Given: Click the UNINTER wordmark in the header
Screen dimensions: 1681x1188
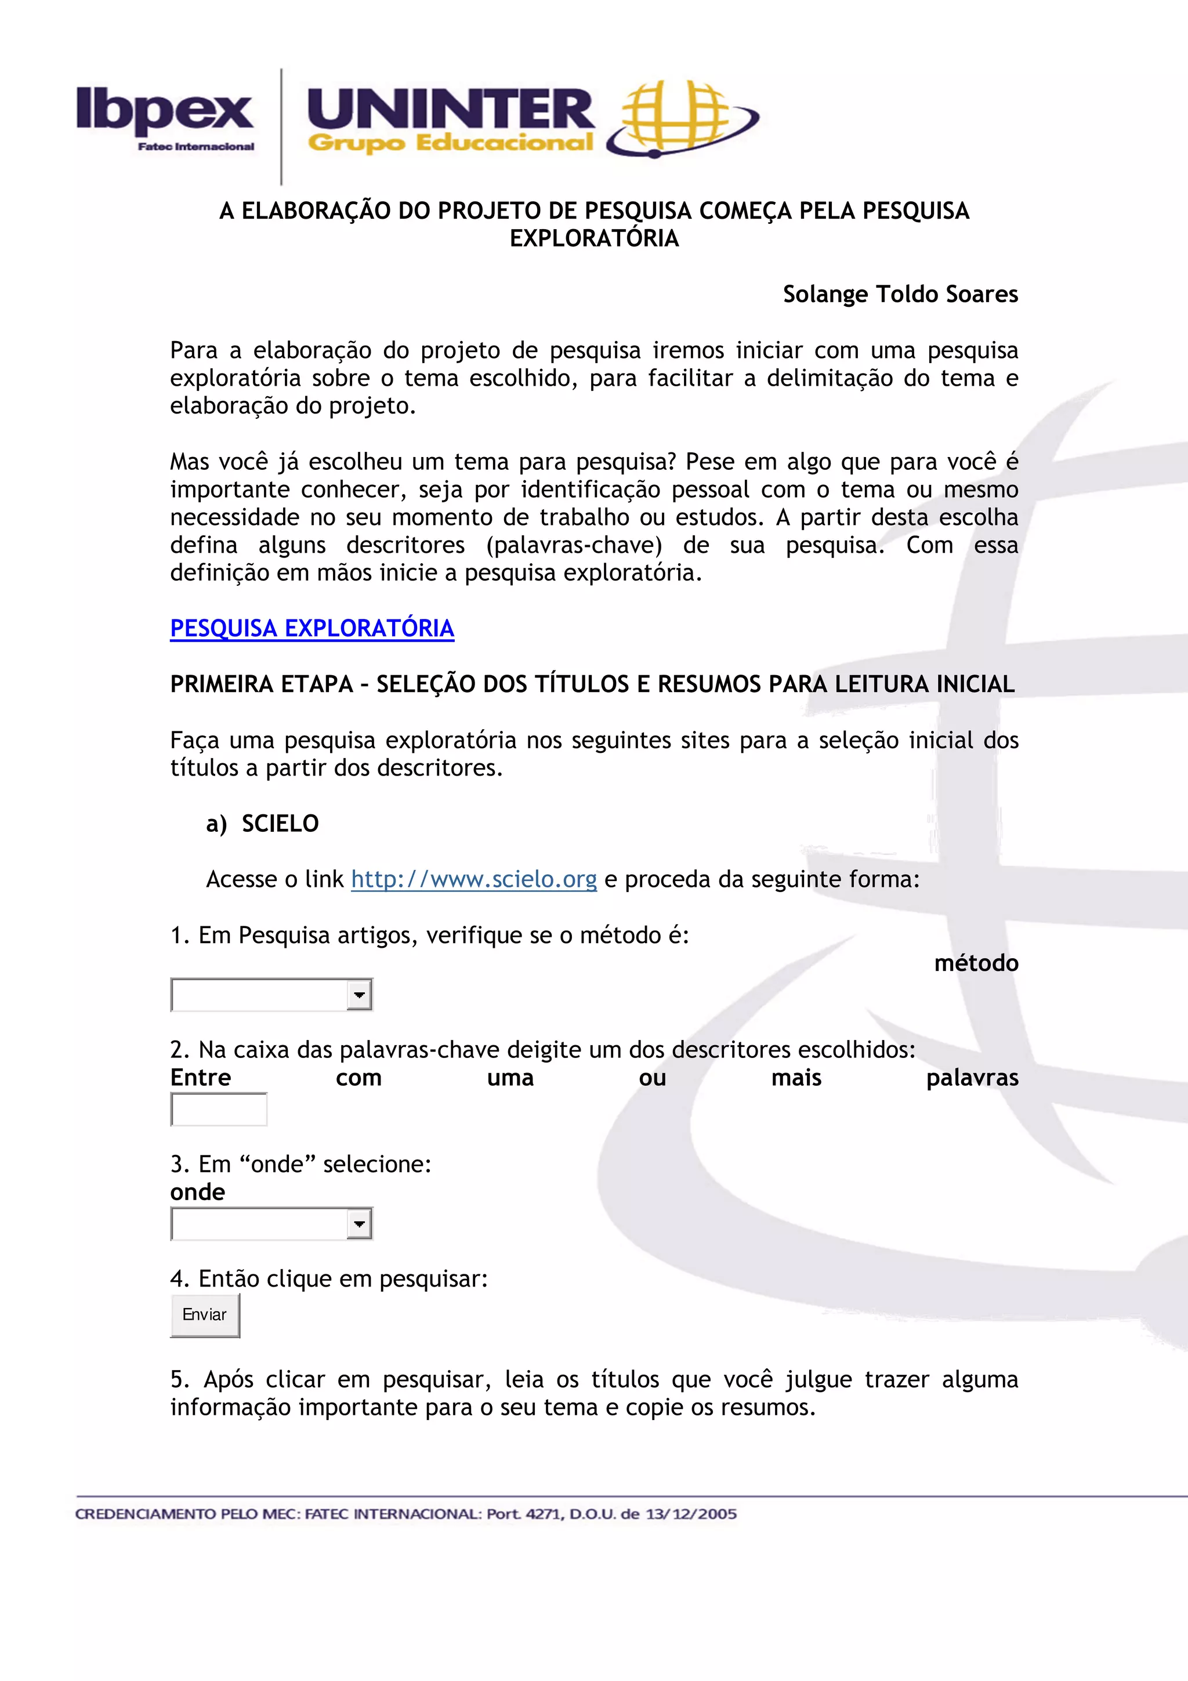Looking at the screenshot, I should pos(450,110).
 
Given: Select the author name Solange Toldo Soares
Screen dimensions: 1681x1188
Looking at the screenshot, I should pos(900,294).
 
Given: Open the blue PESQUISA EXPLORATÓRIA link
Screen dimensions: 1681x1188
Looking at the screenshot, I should pos(312,628).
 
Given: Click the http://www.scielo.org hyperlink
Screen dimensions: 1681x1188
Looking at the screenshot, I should pos(473,879).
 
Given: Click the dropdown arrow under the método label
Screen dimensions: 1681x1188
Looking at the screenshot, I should pos(358,995).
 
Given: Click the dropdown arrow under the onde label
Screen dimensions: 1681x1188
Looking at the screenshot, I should pos(358,1224).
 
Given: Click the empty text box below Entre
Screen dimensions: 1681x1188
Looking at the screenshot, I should pos(219,1109).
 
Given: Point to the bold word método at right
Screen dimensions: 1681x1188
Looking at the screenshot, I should pos(976,963).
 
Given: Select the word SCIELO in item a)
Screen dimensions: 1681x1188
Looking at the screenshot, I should pos(280,824).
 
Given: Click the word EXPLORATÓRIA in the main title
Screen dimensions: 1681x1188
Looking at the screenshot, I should pos(593,238).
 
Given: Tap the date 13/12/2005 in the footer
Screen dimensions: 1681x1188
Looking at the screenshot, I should pos(690,1514).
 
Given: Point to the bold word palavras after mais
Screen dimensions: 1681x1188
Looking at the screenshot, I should pos(972,1078).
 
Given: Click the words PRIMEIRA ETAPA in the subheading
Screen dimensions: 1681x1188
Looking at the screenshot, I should pos(261,684).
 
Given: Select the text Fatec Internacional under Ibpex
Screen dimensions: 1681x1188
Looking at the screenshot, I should pos(195,146).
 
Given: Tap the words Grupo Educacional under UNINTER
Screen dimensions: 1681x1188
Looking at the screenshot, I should pos(450,143).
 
